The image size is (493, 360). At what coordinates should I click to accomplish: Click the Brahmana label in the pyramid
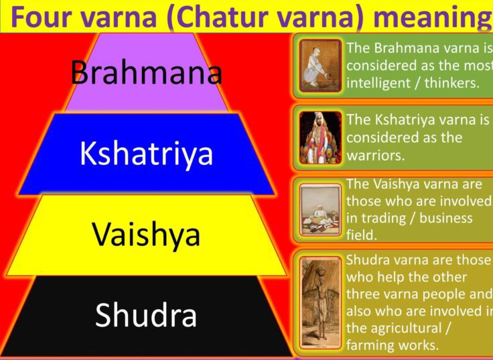147,72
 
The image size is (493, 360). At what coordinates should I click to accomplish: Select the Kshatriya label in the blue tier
147,154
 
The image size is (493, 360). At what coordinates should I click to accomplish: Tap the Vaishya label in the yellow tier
147,235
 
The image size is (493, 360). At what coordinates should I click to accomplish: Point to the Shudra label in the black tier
146,315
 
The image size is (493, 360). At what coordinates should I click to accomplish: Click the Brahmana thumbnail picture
320,66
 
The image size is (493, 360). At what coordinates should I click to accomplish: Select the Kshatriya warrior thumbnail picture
320,137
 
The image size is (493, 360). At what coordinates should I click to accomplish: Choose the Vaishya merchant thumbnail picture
320,210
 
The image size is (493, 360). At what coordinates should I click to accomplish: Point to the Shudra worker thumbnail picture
320,303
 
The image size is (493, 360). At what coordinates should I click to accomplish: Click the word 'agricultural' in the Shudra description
406,328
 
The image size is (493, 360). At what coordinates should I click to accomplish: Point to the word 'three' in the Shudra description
364,294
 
